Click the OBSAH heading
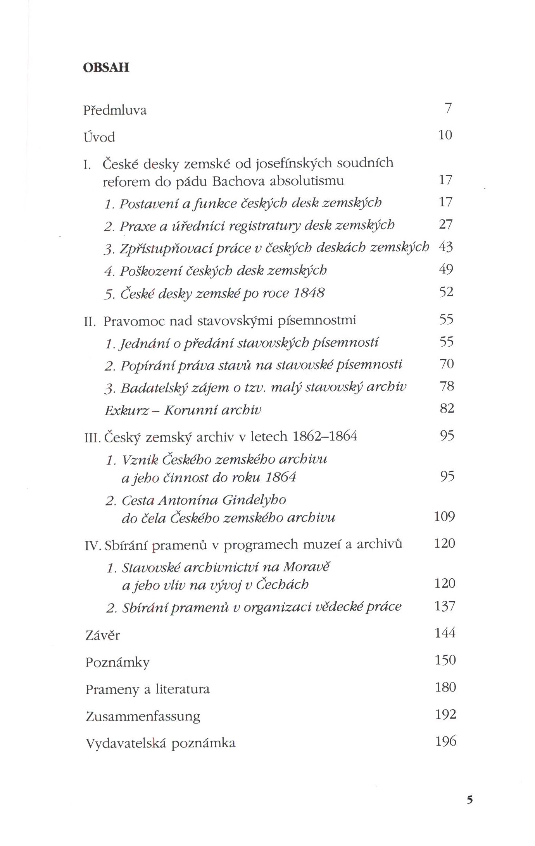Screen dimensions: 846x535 (106, 67)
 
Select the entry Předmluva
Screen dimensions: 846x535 (115, 110)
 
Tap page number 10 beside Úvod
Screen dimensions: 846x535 (445, 135)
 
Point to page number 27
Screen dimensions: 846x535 (446, 224)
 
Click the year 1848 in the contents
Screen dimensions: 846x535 (309, 293)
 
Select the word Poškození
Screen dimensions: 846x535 (151, 270)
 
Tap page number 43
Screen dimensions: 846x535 (446, 247)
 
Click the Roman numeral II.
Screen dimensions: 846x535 (90, 322)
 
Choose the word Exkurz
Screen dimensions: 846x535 (127, 410)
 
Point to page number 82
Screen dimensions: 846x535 (447, 408)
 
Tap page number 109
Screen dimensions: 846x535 (444, 516)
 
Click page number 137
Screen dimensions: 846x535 (445, 606)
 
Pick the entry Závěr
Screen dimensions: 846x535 (102, 635)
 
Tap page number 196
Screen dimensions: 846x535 (446, 741)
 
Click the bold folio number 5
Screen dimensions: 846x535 (470, 800)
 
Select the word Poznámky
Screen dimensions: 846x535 (117, 662)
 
